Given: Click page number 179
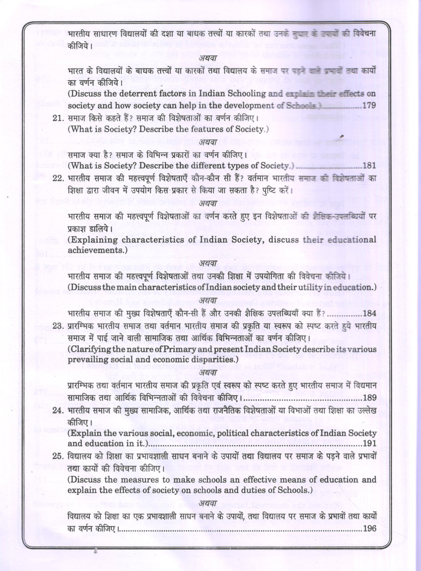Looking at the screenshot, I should click(x=369, y=105).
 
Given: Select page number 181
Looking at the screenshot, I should click(x=369, y=166).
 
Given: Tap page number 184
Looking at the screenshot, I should click(x=369, y=313).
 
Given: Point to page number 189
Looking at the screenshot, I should click(x=370, y=398).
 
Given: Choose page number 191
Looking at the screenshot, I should click(x=370, y=444).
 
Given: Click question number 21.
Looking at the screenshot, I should click(x=58, y=118).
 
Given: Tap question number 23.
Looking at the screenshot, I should click(x=58, y=326).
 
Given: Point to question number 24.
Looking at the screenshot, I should click(x=58, y=411).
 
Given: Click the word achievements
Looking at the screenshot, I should click(x=96, y=250).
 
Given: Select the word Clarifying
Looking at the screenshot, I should click(x=90, y=349).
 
